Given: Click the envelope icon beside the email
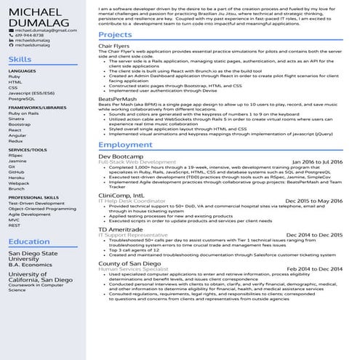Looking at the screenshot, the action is [11, 30].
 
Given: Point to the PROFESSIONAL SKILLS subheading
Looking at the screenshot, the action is [34, 197].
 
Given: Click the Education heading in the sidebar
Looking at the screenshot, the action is [29, 241].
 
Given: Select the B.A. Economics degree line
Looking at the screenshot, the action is [29, 265].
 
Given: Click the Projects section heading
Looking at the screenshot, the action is [115, 35].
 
